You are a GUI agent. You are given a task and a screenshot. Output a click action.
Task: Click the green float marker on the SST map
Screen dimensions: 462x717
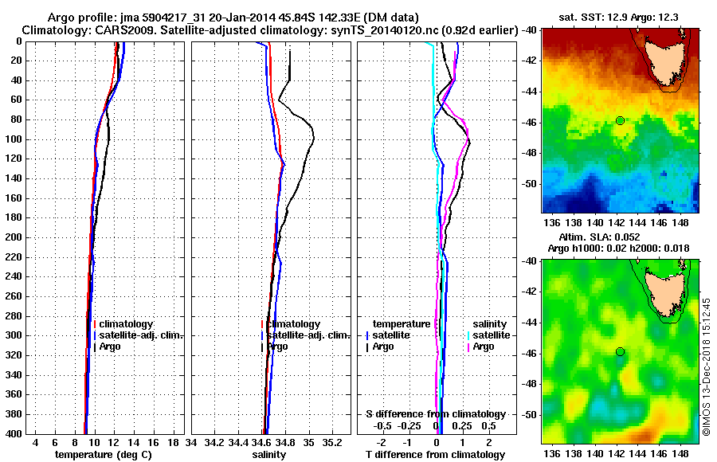click(x=620, y=120)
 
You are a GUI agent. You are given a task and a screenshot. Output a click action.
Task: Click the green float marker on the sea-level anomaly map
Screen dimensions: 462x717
click(x=620, y=351)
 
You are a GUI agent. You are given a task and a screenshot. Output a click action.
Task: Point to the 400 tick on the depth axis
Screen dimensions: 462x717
click(x=15, y=434)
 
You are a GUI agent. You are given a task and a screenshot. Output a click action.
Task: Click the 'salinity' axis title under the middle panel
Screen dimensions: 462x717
click(x=269, y=454)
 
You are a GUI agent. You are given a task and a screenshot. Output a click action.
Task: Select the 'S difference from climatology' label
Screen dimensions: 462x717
click(x=435, y=414)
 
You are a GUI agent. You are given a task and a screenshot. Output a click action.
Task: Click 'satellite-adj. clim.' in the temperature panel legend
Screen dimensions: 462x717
click(x=142, y=335)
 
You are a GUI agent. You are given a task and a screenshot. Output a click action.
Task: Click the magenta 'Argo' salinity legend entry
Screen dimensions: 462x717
click(x=484, y=346)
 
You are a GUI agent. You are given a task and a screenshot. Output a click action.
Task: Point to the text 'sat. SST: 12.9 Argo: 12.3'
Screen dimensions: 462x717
click(x=621, y=17)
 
